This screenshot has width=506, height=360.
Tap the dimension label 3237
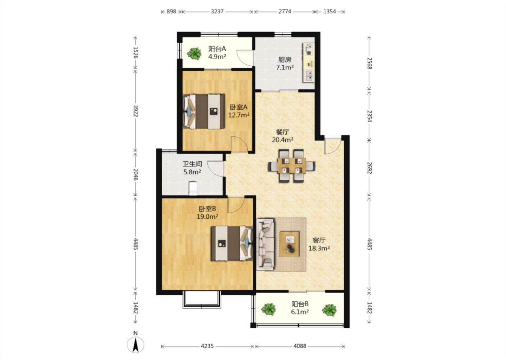(x=217, y=11)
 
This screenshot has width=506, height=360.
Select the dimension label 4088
(x=300, y=346)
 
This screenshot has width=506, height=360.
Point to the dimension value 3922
(x=136, y=111)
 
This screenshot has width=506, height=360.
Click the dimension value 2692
(x=369, y=168)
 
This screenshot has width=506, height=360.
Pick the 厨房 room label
(x=285, y=60)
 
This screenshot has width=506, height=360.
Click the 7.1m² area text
(x=285, y=67)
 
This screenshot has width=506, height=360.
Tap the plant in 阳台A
(x=194, y=53)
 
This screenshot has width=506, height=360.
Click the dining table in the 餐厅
(x=292, y=166)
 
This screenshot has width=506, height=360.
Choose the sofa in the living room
(x=266, y=244)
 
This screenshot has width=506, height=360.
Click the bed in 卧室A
(x=203, y=111)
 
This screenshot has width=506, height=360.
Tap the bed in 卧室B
(x=232, y=243)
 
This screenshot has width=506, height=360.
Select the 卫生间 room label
(x=192, y=164)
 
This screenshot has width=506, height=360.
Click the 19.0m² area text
(x=207, y=217)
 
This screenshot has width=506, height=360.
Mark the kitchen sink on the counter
(x=309, y=76)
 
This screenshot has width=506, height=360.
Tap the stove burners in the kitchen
(x=309, y=50)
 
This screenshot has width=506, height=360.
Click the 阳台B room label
(x=300, y=304)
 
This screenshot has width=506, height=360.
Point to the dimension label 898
(x=171, y=11)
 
